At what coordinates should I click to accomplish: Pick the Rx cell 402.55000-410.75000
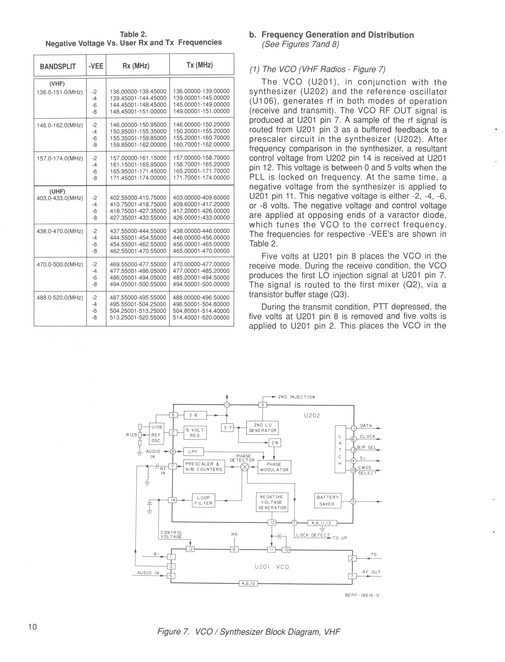[x=138, y=198]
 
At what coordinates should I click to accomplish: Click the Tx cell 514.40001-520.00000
[x=201, y=317]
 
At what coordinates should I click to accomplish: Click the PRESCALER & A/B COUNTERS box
[x=204, y=467]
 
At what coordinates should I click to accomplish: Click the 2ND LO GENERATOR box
[x=262, y=428]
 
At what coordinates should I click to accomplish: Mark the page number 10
[x=33, y=627]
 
